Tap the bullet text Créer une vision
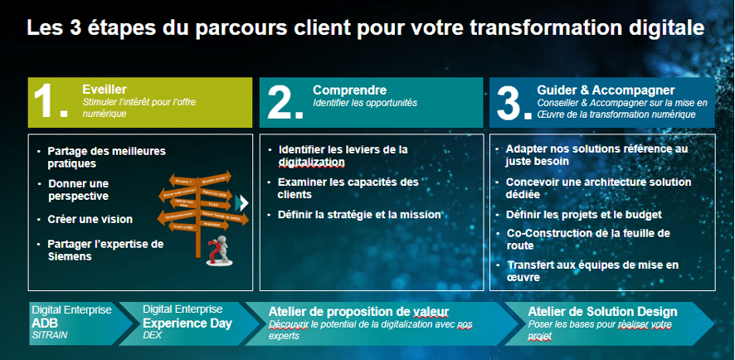(90, 219)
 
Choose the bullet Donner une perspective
(79, 189)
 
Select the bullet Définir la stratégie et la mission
(359, 215)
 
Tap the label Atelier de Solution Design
(602, 311)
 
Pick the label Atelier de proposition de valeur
(358, 311)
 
